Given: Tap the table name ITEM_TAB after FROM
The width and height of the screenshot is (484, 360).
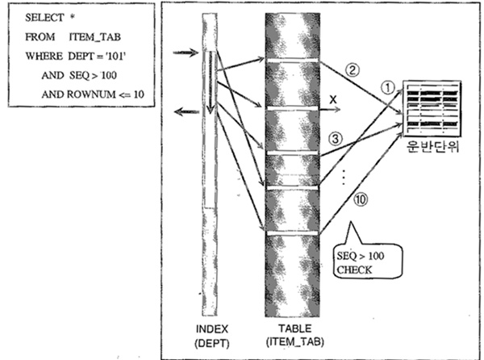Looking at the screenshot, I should point(83,37).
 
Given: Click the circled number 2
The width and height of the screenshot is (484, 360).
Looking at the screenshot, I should point(351,69).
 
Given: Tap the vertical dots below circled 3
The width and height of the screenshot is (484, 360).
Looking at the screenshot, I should point(344,174).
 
